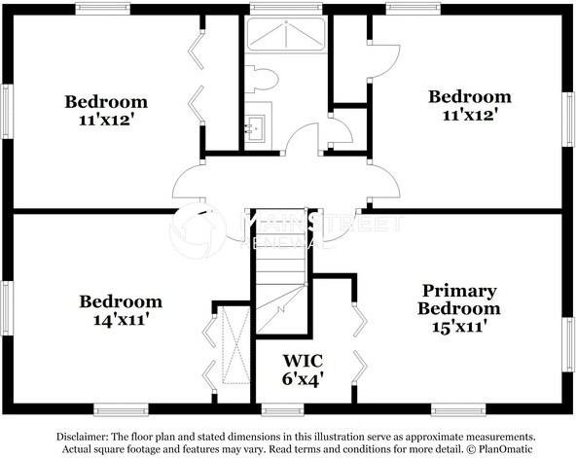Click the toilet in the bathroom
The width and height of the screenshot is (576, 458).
262,78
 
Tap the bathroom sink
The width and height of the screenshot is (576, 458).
255,127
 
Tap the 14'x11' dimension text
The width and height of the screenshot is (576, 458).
121,318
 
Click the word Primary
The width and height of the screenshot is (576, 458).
459,291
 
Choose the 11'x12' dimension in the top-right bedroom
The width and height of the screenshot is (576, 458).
470,114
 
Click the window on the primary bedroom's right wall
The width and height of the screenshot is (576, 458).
570,345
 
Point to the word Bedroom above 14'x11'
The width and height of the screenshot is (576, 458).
121,300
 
